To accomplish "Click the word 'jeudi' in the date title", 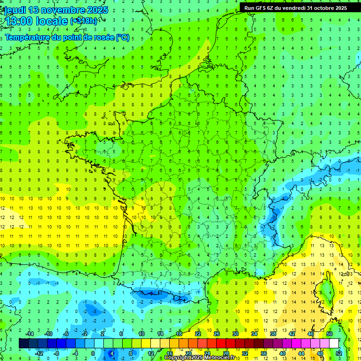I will click(x=15, y=10).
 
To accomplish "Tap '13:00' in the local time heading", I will click(x=17, y=21).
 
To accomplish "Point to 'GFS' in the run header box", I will click(x=262, y=8).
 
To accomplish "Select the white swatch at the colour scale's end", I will click(x=334, y=344).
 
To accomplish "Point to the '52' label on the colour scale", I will click(x=339, y=353).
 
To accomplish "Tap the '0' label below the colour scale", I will click(x=93, y=353).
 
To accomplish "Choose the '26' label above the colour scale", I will click(x=217, y=334).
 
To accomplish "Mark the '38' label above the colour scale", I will click(x=273, y=334).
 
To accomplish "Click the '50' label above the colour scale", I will click(x=330, y=334).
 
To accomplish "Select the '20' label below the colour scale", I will click(x=188, y=353).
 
